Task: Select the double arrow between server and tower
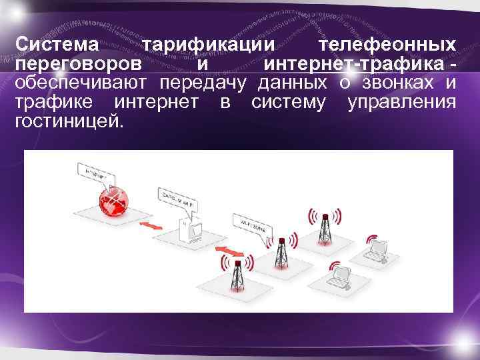(231, 251)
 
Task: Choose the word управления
(403, 103)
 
